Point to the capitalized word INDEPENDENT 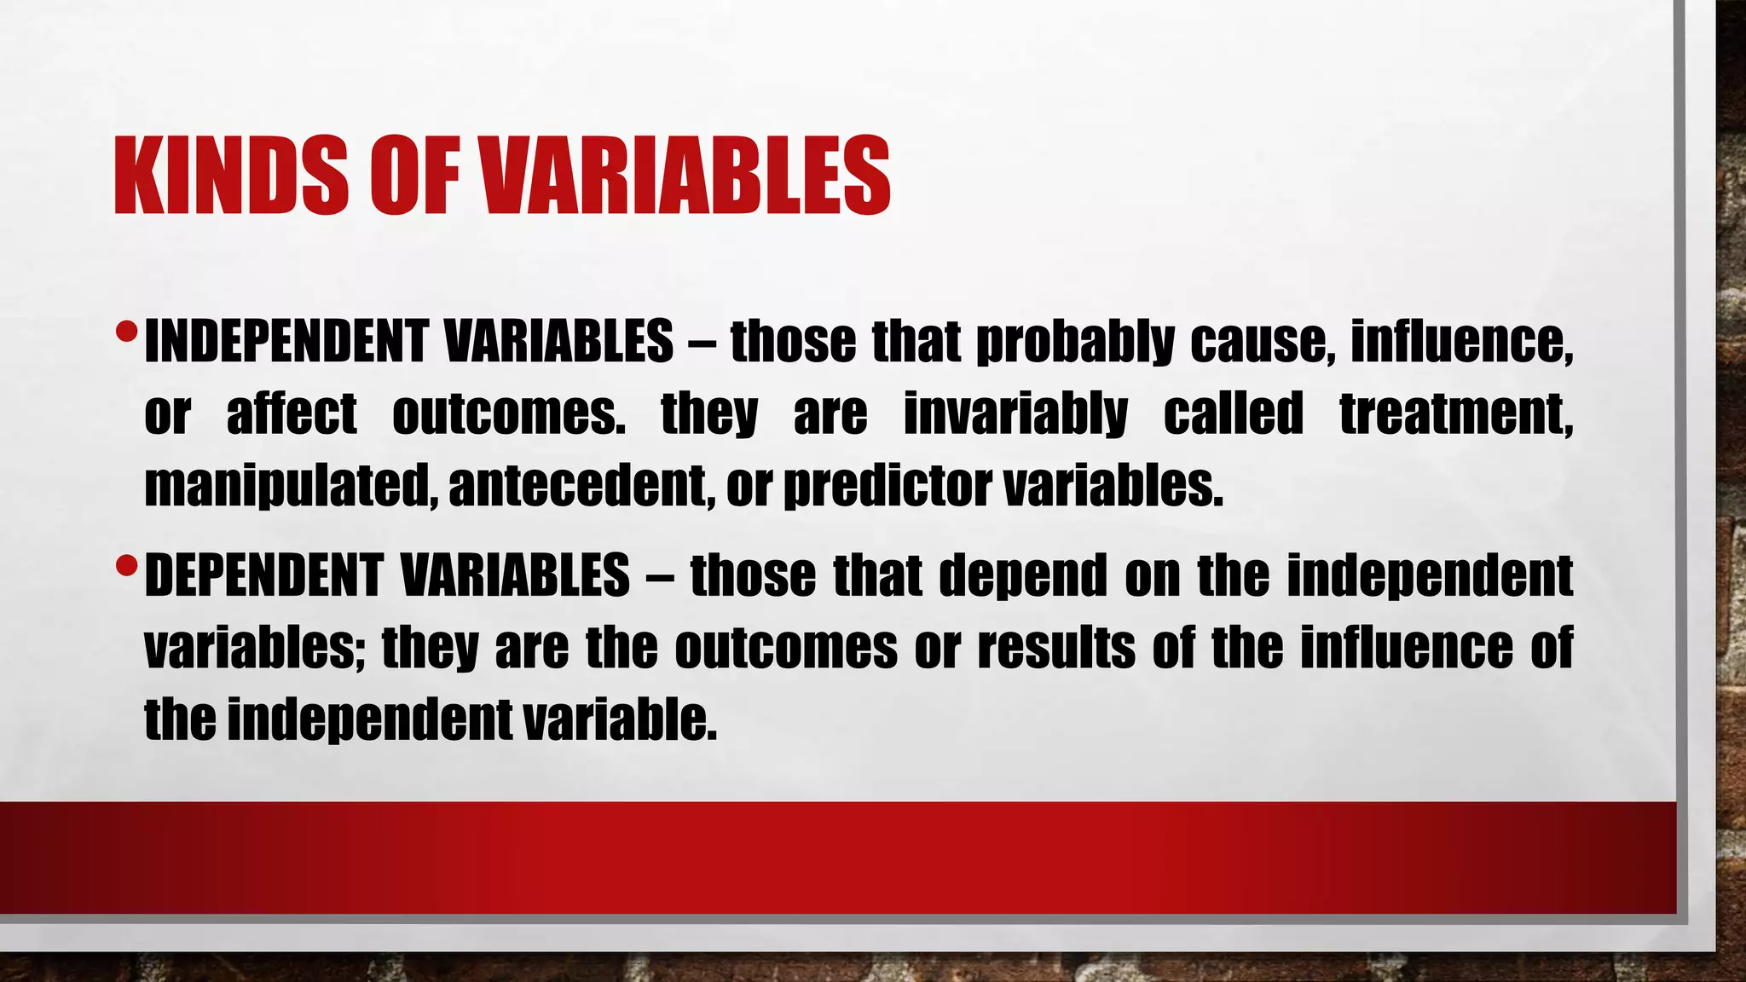coord(286,341)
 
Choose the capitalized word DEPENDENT coord(263,575)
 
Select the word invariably coord(1015,415)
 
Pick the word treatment coord(1455,415)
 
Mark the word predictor coord(887,488)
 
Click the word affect coord(291,414)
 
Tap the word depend coord(1022,577)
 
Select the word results coord(1056,648)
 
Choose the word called coord(1234,414)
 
